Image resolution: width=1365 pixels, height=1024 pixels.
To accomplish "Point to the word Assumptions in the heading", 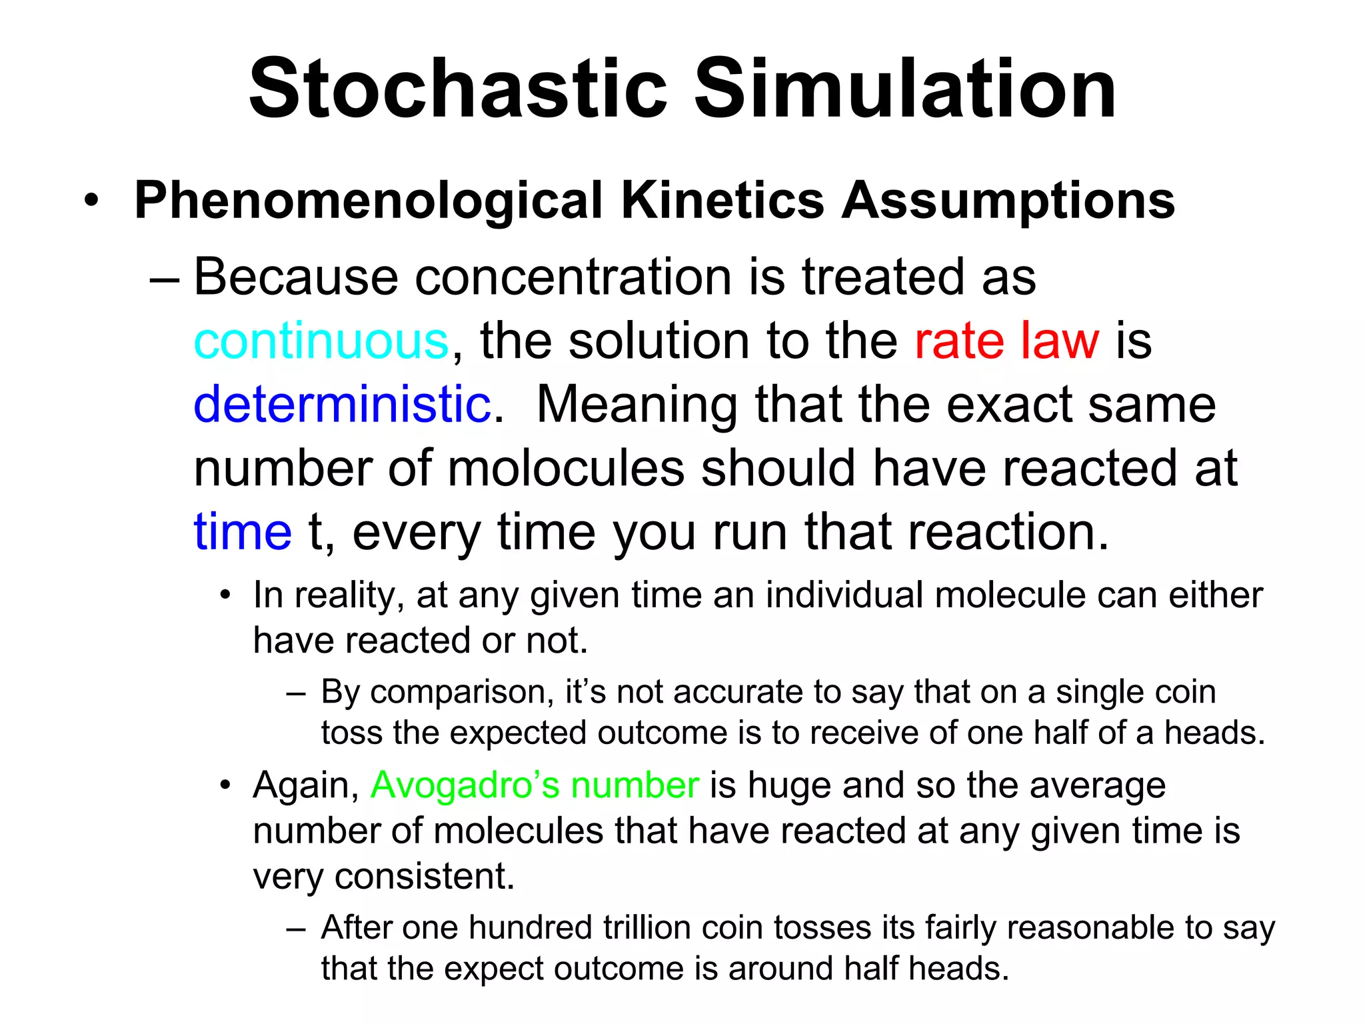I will [1008, 201].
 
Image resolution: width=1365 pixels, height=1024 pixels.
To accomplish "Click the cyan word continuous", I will [321, 341].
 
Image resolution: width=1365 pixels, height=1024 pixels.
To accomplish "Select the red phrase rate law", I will [1006, 341].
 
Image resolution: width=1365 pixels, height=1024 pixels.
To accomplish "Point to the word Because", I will [296, 277].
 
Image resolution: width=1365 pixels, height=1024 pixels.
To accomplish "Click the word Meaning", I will [637, 405].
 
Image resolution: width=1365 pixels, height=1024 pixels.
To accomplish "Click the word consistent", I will [425, 876].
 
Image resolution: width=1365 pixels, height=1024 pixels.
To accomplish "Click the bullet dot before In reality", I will [226, 595].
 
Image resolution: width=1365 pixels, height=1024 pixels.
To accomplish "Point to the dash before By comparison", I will [296, 693].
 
